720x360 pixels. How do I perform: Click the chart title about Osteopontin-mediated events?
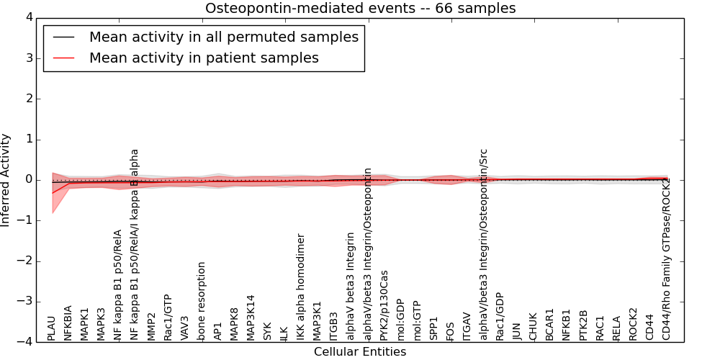[x=360, y=8]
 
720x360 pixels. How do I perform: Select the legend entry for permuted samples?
[x=223, y=37]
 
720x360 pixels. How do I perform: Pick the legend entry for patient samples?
[x=204, y=58]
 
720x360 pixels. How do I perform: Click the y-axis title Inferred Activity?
[x=6, y=180]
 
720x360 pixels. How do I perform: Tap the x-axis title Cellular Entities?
[x=360, y=352]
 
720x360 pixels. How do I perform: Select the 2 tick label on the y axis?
[x=28, y=99]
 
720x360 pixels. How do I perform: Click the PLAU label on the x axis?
[x=51, y=328]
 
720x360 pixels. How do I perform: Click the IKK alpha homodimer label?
[x=301, y=287]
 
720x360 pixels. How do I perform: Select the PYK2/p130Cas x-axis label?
[x=384, y=305]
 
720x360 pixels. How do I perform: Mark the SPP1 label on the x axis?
[x=434, y=328]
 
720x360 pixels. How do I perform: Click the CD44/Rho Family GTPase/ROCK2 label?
[x=667, y=259]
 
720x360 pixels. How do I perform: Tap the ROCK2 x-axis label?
[x=634, y=324]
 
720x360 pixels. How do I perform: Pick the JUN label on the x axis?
[x=517, y=330]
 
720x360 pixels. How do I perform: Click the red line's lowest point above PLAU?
[x=52, y=192]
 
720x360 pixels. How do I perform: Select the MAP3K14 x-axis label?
[x=251, y=318]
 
